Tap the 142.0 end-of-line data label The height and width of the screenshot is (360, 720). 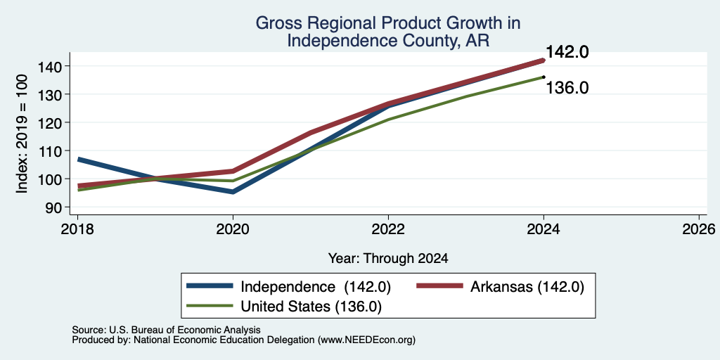567,52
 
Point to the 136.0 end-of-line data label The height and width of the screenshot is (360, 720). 567,87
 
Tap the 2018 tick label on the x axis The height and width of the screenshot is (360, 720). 77,229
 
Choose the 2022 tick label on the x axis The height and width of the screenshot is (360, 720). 388,229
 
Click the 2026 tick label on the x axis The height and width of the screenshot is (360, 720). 699,229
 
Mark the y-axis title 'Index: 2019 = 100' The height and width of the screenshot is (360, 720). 22,134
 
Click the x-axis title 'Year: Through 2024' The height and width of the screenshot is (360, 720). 388,259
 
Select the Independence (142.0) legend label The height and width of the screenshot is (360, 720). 316,287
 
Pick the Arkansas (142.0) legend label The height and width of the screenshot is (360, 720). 527,287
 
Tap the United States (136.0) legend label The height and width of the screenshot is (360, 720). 311,307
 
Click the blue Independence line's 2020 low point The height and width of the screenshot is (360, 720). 233,191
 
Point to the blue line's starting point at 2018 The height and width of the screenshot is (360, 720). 79,159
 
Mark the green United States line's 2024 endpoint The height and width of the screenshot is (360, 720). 544,77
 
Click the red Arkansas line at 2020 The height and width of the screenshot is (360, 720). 233,171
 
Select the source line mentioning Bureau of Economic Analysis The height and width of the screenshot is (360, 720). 166,330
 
